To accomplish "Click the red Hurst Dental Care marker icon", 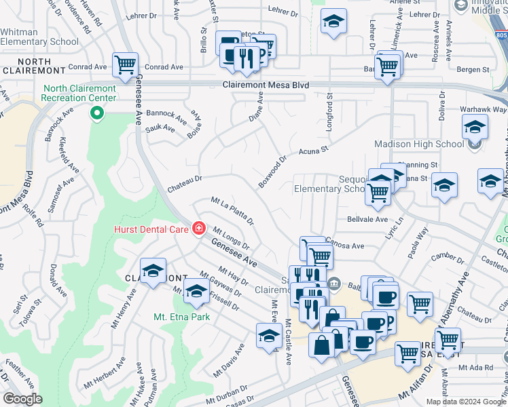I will click(x=199, y=229).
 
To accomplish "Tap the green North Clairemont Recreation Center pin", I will click(x=97, y=113).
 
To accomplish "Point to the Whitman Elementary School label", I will click(x=39, y=37).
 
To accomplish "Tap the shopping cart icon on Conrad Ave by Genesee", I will click(x=125, y=65).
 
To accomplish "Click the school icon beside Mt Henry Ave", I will click(x=153, y=271).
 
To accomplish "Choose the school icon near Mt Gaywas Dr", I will click(x=196, y=291).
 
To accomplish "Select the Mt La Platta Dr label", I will click(x=232, y=211).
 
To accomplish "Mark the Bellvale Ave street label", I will click(x=367, y=220).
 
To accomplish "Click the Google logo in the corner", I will click(x=22, y=399).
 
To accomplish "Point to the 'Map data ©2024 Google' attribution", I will click(x=465, y=402).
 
